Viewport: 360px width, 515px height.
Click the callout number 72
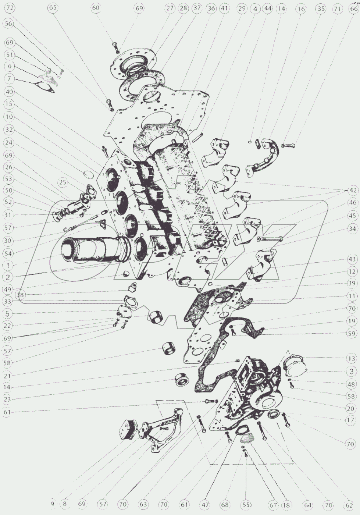pos(10,8)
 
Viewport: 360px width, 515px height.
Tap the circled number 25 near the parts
pos(63,182)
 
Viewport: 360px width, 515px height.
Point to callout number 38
pos(21,295)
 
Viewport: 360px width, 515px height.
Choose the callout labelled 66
pos(353,8)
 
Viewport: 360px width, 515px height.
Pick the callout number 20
pos(350,409)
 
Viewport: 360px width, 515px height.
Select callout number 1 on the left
pos(8,266)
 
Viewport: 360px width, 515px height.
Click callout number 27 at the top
pos(170,8)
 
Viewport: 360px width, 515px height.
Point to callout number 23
pos(7,399)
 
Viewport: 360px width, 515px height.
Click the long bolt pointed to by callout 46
pos(271,239)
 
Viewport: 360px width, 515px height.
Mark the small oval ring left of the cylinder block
pos(89,174)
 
